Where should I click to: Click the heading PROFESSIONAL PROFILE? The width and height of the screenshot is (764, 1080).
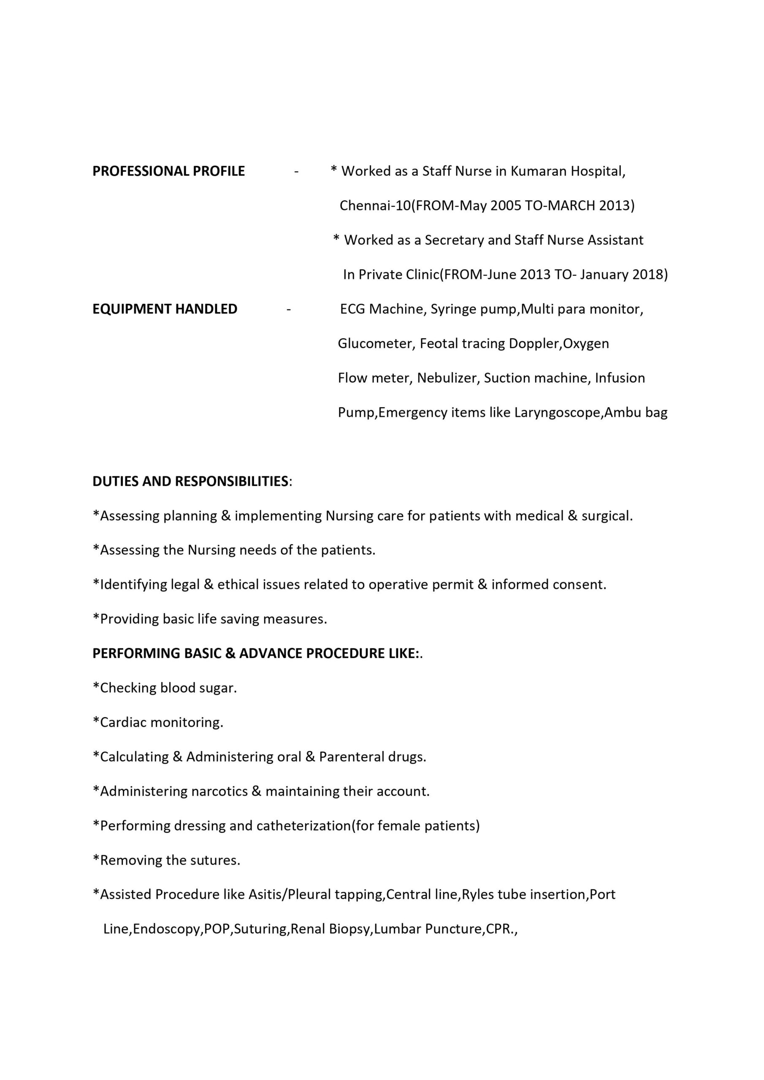point(168,171)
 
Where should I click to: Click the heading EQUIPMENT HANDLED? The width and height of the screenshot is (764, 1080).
point(165,309)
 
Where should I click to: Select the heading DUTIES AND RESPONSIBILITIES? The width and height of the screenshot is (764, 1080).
point(190,481)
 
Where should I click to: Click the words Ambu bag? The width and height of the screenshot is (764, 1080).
point(636,413)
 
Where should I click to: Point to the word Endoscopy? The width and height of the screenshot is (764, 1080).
point(167,929)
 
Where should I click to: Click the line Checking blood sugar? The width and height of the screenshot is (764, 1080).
point(165,688)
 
